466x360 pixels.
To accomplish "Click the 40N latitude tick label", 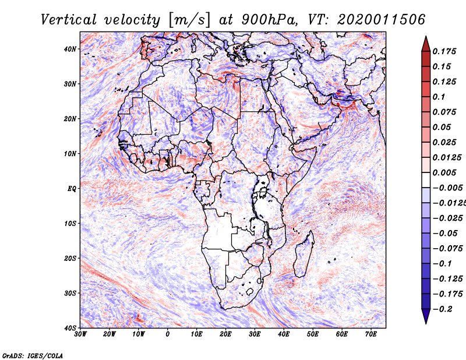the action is click(70, 49).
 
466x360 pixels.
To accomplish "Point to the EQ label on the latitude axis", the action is click(72, 189).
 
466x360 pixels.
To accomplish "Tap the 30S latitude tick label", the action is click(70, 294).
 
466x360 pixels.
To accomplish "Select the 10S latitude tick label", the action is click(70, 224).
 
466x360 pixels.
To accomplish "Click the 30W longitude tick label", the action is click(80, 334).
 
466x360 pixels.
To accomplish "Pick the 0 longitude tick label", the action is click(168, 334).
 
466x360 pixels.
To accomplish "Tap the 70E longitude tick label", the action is click(371, 334).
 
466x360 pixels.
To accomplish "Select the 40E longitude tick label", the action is click(284, 334).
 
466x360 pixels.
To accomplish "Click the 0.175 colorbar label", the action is click(444, 51).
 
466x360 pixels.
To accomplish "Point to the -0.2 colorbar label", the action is click(442, 309).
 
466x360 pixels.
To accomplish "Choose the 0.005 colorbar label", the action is click(444, 172).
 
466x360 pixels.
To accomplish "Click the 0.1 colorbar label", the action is click(439, 97).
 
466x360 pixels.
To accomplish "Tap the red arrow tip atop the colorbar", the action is click(426, 37).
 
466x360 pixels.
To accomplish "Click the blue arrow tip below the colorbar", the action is click(426, 323).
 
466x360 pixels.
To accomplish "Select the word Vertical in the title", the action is click(68, 20).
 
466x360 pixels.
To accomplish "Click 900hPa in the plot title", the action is click(269, 20).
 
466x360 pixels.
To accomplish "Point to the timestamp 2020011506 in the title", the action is click(381, 20).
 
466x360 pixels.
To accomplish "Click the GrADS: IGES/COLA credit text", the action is click(33, 356).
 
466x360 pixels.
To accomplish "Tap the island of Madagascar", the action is click(304, 254).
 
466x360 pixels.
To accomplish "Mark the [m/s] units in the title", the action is click(189, 20).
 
